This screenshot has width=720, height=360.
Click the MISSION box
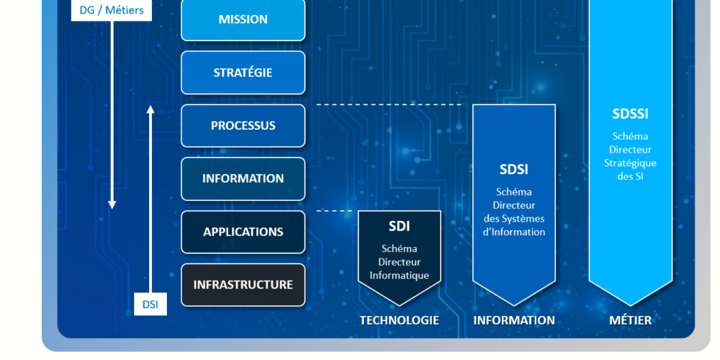[243, 19]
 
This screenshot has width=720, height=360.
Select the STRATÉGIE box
[243, 73]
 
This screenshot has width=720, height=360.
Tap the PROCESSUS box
[243, 125]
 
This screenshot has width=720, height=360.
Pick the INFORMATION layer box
[243, 179]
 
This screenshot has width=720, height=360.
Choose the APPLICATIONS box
[243, 232]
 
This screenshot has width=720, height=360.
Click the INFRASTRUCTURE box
[243, 284]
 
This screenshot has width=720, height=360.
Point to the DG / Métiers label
[112, 10]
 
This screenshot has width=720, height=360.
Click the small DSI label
[150, 304]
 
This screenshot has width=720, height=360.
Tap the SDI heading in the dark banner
[399, 226]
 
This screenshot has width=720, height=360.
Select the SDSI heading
[513, 170]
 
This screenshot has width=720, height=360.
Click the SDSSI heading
[630, 114]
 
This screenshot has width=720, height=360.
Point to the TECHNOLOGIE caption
[399, 320]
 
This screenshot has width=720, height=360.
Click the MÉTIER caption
[630, 320]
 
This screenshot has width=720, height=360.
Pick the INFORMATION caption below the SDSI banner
[513, 320]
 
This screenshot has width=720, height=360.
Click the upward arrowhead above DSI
[150, 109]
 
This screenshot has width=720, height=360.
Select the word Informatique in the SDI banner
[399, 276]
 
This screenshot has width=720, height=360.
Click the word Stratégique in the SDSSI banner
[630, 163]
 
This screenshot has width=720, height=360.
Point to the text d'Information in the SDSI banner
[513, 232]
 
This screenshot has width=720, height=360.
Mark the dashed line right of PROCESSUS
[389, 105]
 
